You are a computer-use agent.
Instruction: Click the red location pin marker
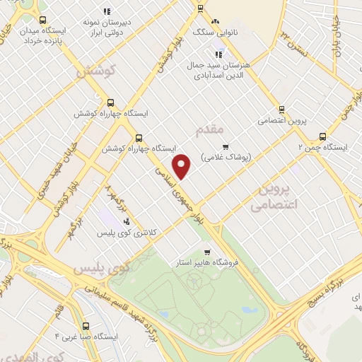point(182,166)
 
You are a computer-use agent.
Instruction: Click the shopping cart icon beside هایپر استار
point(206,252)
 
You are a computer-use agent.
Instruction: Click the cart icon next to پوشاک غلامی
point(226,147)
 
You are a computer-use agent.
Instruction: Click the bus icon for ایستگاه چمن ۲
point(323,136)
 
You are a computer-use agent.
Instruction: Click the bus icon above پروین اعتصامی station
point(281,109)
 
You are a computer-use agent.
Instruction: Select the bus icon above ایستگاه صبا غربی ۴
point(86,326)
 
